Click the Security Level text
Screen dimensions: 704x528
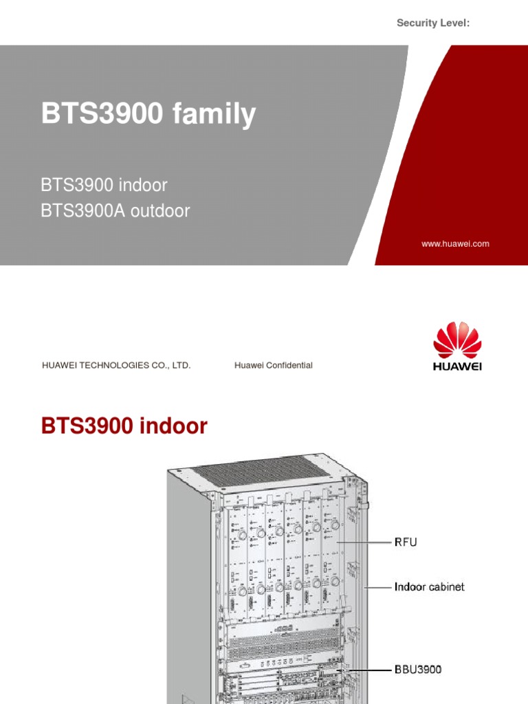(433, 23)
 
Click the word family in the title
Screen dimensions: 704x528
(214, 114)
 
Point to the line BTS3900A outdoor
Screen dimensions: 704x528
(115, 211)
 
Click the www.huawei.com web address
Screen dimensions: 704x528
(455, 243)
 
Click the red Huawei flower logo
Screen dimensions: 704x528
(457, 340)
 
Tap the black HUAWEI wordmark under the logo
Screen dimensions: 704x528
(457, 366)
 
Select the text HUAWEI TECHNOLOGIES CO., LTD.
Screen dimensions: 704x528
(116, 365)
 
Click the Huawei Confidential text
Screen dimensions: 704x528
(273, 365)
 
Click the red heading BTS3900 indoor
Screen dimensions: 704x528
(124, 426)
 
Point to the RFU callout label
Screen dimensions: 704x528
(405, 542)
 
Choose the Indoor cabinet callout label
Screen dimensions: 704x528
(429, 587)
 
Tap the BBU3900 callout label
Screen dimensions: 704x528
(417, 668)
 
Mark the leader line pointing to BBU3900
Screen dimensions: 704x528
(364, 668)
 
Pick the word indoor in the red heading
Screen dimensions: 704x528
(173, 426)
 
